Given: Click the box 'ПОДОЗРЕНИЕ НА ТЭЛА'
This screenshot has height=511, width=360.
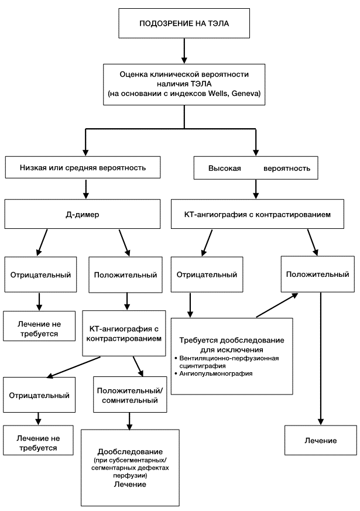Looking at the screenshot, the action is [184, 23].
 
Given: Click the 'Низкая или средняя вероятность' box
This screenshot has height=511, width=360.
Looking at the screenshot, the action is [83, 167].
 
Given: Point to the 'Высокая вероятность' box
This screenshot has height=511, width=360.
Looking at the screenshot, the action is [256, 168].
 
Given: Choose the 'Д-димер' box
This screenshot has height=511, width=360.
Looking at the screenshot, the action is [83, 214].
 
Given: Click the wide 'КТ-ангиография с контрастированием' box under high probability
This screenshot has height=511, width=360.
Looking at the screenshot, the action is [258, 214].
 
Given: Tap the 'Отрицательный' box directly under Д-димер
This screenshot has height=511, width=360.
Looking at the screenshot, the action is [40, 275].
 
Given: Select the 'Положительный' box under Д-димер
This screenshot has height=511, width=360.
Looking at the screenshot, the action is [125, 275].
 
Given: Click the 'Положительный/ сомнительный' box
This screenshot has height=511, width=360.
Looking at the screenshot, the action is [130, 395].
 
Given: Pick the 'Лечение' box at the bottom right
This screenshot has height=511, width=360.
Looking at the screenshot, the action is [321, 440].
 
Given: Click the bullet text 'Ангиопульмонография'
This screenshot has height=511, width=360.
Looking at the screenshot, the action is [216, 373].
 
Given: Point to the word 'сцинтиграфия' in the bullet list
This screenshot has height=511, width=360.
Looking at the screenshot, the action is [203, 366].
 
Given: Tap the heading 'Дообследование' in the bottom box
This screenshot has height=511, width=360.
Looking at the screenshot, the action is [130, 452].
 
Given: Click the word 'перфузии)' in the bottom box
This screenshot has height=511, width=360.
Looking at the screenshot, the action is [130, 475].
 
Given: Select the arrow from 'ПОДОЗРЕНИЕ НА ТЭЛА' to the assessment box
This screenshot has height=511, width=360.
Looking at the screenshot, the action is [184, 51].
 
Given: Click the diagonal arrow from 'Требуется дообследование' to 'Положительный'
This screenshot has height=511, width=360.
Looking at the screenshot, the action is [277, 305].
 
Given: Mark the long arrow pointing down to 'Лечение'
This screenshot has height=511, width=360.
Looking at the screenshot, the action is [321, 358].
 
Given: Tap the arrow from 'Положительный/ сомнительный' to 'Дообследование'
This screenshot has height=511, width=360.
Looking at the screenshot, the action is [130, 421].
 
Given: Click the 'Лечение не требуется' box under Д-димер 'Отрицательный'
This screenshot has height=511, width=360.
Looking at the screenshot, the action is [39, 326].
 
